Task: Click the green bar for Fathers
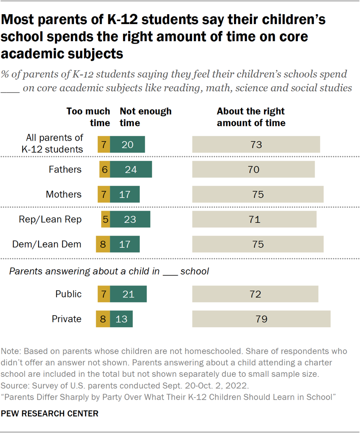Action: point(131,169)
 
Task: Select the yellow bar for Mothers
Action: point(104,194)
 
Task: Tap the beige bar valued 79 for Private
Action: point(261,319)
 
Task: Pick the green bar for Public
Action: point(128,294)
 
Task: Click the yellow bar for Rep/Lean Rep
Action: point(105,219)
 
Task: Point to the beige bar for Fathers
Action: point(253,169)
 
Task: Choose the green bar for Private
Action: point(121,319)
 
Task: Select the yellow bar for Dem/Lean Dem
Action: point(103,244)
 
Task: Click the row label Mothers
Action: point(63,194)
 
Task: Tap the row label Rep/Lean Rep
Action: point(50,219)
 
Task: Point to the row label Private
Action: point(66,319)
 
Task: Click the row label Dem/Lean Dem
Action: point(47,244)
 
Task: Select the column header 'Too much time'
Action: point(88,117)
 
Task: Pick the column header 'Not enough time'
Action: point(145,117)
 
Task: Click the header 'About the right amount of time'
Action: point(251,117)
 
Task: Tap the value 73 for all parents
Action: point(256,144)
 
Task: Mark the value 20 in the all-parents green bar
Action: point(127,144)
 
